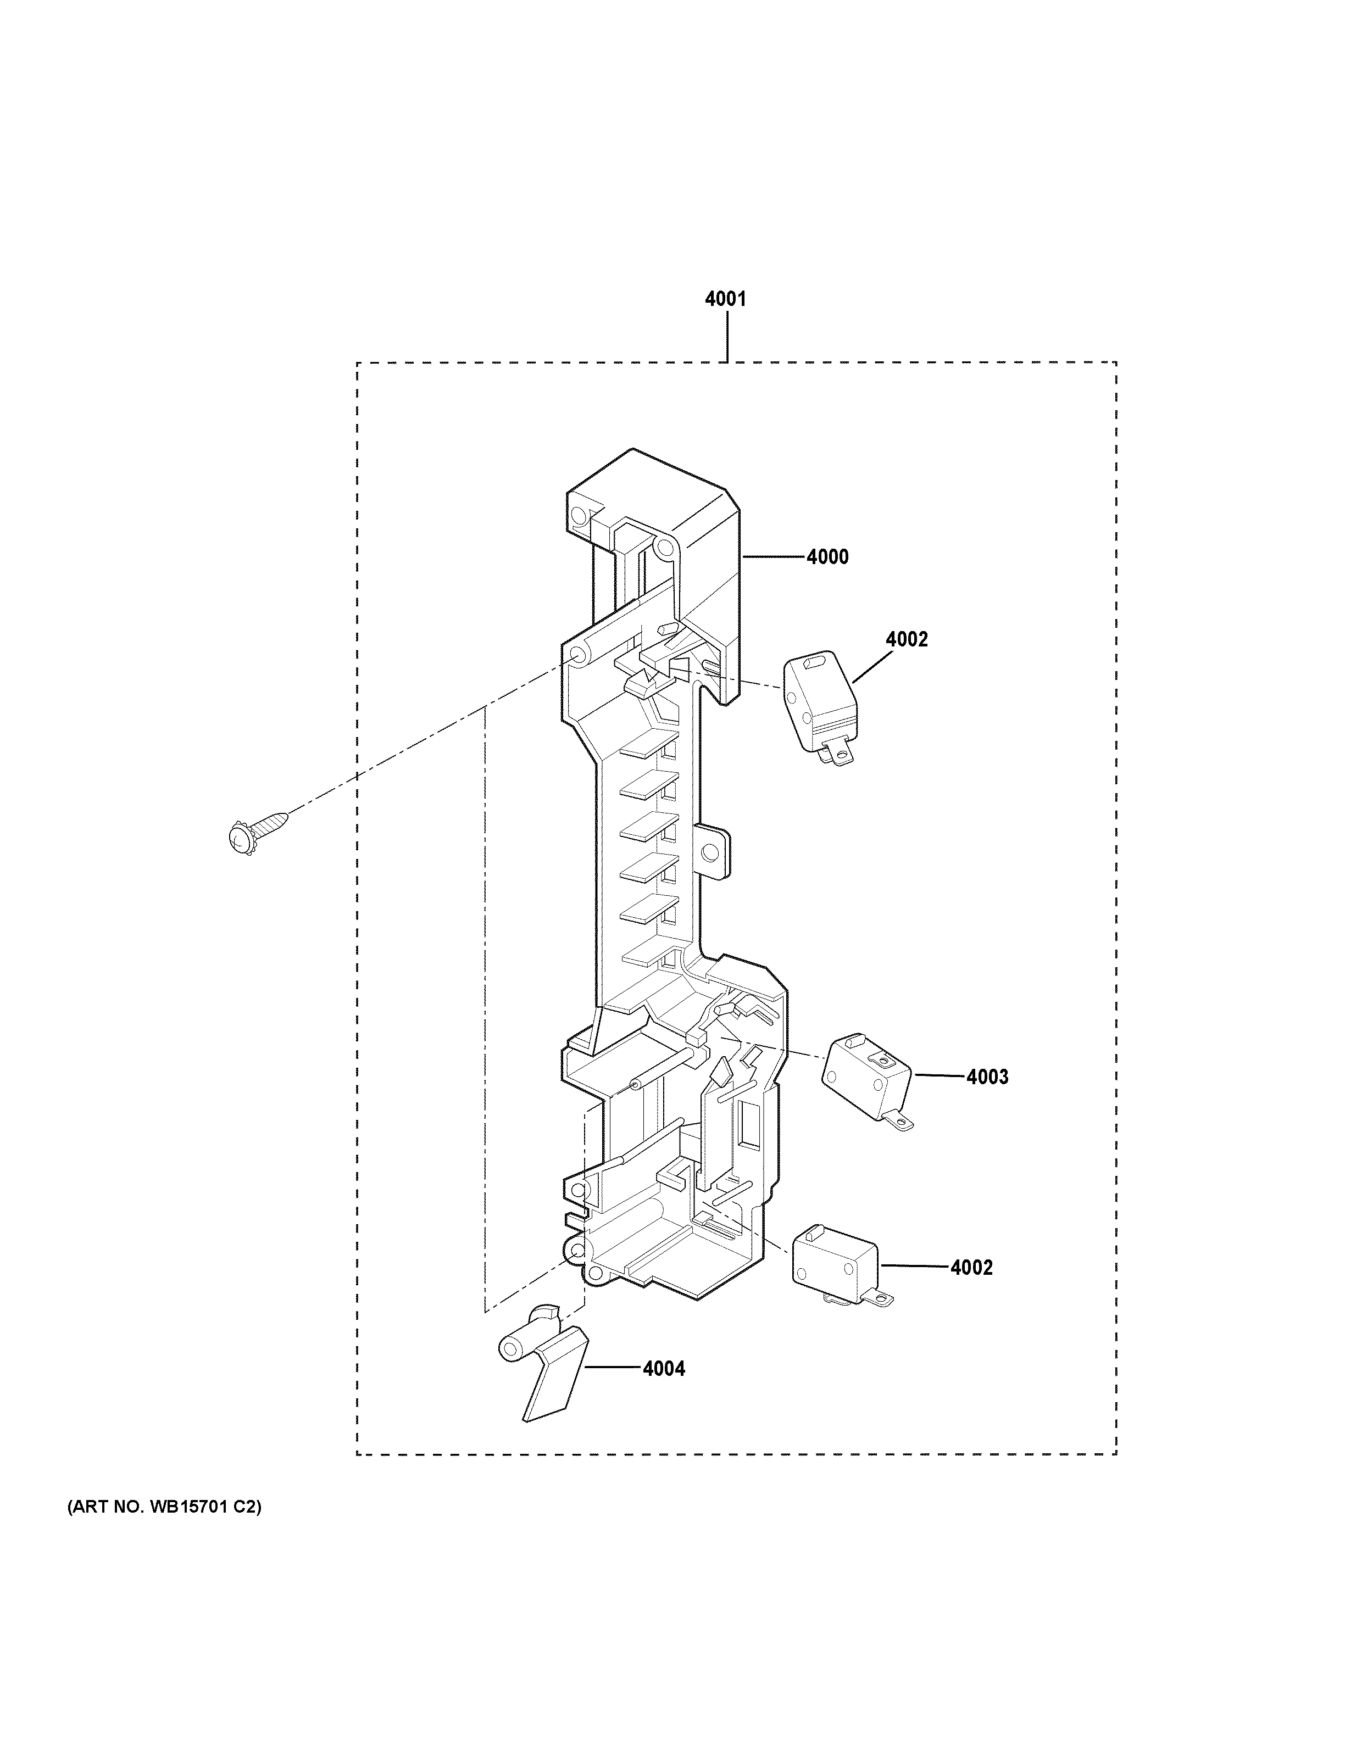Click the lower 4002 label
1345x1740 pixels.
coord(971,1268)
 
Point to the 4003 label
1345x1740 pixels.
coord(987,1077)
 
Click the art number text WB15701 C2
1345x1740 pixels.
coord(165,1507)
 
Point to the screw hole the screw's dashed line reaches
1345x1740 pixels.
coord(577,656)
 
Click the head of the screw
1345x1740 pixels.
coord(237,839)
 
